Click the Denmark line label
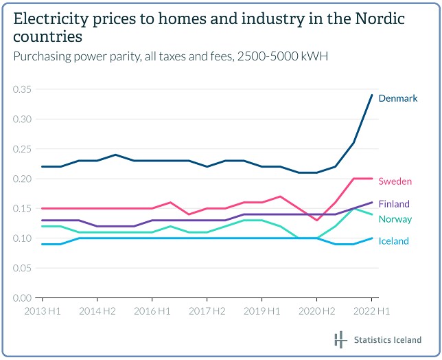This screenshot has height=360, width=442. (398, 98)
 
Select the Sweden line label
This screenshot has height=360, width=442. (395, 181)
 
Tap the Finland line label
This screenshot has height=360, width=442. (394, 204)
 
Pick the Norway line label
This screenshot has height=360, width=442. (395, 219)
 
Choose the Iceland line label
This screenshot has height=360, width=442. (394, 241)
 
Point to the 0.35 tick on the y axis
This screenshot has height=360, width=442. (22, 89)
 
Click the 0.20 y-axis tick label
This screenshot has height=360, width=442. (22, 179)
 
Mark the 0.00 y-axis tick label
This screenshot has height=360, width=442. (22, 298)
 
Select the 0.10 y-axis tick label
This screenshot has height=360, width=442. (22, 238)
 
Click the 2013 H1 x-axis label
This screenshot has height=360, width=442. (42, 311)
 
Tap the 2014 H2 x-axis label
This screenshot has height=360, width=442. (97, 311)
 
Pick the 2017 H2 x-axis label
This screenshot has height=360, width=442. (207, 311)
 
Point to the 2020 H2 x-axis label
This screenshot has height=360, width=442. (316, 311)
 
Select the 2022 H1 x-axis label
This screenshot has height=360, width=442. (371, 311)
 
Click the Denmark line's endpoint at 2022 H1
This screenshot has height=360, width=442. (371, 95)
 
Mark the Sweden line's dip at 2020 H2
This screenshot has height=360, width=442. (316, 220)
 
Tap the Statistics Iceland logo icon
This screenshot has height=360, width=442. (340, 339)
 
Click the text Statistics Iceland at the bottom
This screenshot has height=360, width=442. (387, 340)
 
